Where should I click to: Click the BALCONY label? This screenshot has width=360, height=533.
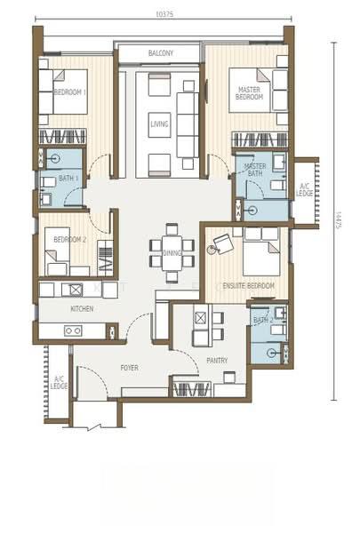tap(161, 53)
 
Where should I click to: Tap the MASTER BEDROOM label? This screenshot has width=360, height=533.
tap(250, 93)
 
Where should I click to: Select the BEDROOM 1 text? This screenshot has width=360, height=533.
tap(70, 92)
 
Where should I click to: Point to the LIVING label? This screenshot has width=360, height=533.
tap(160, 124)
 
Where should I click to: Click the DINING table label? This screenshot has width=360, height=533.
tap(172, 253)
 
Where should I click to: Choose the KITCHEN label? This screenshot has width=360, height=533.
tap(82, 309)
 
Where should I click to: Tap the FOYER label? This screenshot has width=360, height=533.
tap(130, 368)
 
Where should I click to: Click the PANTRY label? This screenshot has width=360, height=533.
tap(217, 361)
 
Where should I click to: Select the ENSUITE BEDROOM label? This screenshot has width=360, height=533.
tap(248, 286)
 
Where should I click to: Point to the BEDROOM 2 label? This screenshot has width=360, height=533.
tap(70, 240)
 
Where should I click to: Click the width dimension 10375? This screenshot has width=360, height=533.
tap(164, 14)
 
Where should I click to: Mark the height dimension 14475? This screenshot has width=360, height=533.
tap(338, 220)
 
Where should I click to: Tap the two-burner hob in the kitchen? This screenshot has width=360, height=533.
tap(73, 330)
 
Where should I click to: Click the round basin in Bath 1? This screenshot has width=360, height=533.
tap(53, 158)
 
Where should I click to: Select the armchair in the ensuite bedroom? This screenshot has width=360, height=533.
tap(221, 243)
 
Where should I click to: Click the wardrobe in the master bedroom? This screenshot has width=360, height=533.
tap(260, 139)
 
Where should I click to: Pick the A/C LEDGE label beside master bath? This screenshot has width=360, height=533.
tap(305, 190)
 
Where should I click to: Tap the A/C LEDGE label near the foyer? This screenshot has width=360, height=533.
tap(59, 382)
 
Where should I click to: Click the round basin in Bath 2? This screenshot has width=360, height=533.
tap(271, 354)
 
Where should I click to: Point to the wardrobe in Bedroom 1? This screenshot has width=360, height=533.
tap(62, 137)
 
